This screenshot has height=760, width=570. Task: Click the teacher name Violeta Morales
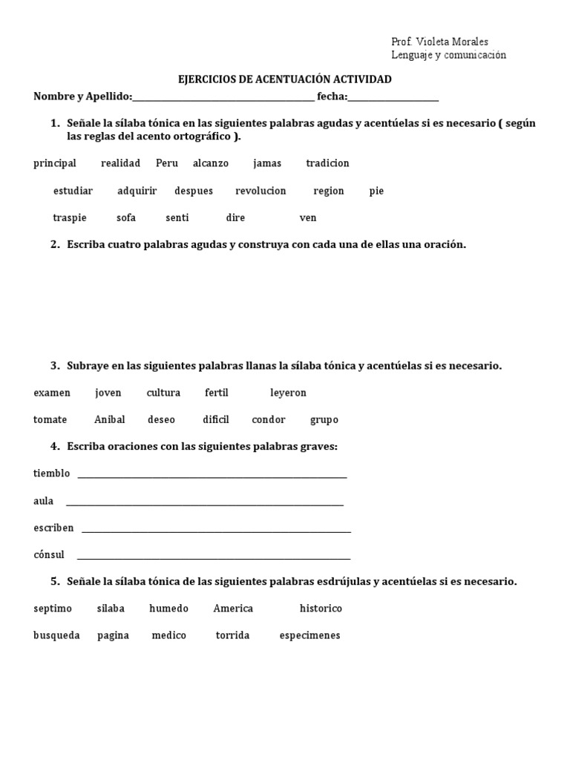[x=452, y=42]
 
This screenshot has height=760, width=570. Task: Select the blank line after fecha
[x=393, y=97]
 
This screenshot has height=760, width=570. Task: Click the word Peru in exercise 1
[x=167, y=163]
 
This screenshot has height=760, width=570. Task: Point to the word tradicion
[x=327, y=163]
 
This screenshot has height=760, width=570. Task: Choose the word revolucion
[x=261, y=191]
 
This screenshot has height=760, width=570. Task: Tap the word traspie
[x=70, y=217]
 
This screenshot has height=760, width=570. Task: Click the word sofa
[x=126, y=217]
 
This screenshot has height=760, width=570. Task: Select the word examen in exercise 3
[x=52, y=393]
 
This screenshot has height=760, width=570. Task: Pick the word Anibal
[x=110, y=419]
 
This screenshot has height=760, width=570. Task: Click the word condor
[x=269, y=419]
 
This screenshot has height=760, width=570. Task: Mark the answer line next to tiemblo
[x=212, y=475]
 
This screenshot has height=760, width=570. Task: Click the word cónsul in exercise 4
[x=49, y=554]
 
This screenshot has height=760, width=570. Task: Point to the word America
[x=233, y=609]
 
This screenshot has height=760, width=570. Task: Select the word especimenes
[x=309, y=635]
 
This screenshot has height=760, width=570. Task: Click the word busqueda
[x=56, y=635]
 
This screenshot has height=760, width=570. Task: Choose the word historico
[x=321, y=609]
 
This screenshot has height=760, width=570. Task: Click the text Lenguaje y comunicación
[x=448, y=55]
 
